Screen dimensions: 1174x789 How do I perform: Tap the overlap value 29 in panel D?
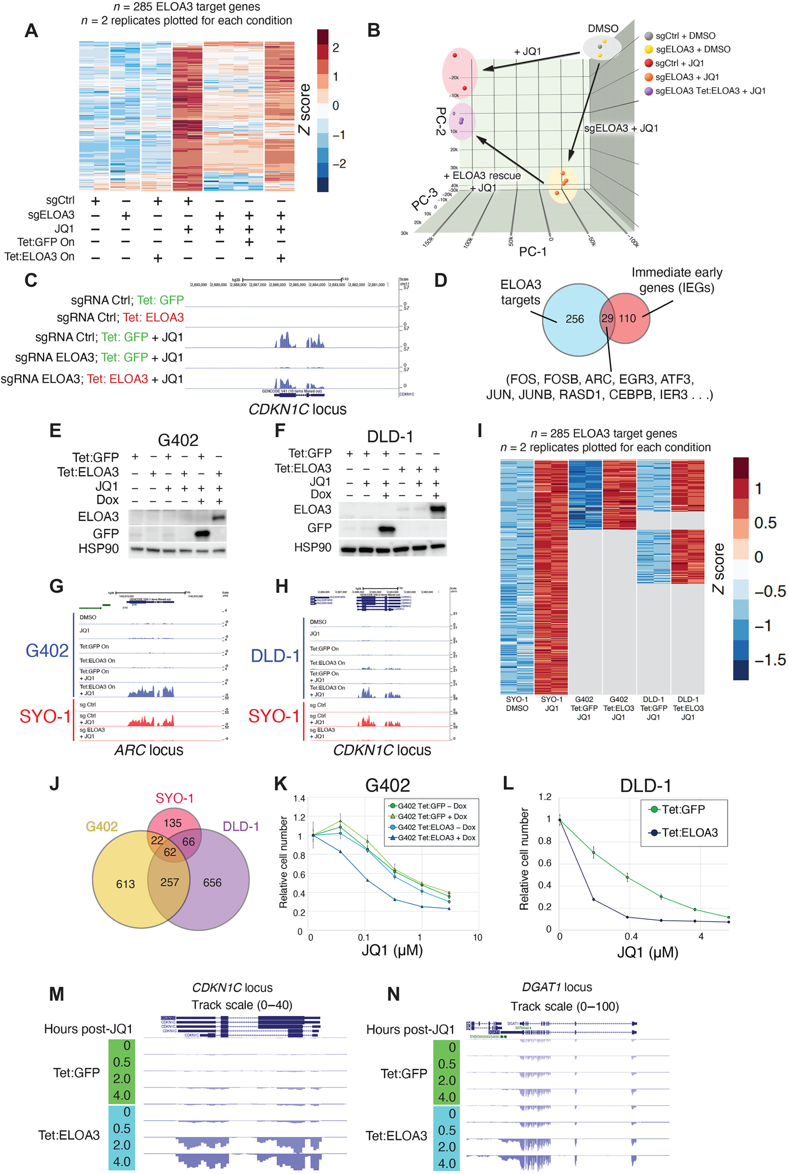tap(607, 318)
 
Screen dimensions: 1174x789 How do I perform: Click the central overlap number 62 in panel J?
tap(170, 852)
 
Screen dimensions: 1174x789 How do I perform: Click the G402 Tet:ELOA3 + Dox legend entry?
tap(436, 837)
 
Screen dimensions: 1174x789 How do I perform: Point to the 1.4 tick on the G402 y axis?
tap(299, 798)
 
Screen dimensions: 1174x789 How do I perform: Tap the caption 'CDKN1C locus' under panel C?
tap(298, 409)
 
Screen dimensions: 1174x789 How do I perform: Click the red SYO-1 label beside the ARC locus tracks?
tap(45, 716)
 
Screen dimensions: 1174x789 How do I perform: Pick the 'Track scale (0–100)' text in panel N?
tap(565, 1006)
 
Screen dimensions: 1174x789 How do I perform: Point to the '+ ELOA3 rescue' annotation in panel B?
tap(482, 176)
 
